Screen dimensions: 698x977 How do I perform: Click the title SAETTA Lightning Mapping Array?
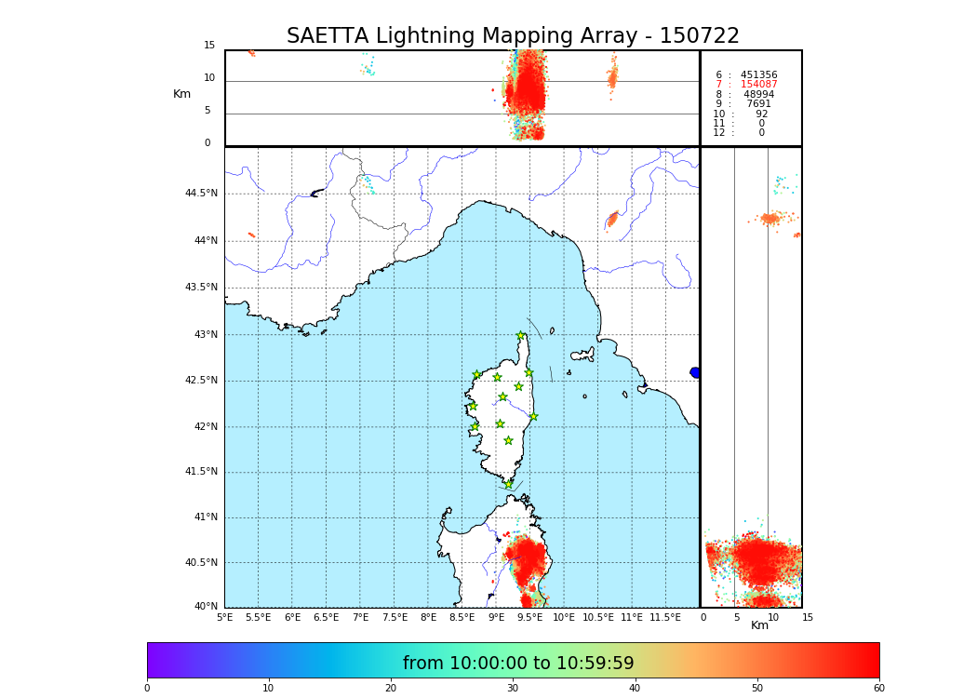coord(513,36)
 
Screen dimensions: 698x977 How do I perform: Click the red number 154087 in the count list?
coord(758,85)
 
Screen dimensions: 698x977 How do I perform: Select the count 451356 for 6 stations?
coord(758,74)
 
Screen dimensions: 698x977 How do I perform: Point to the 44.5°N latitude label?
coord(201,194)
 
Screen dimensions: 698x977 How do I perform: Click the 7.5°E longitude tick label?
coord(395,617)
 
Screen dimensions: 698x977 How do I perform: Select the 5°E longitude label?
coord(225,617)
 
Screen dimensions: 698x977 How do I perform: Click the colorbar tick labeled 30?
coord(513,688)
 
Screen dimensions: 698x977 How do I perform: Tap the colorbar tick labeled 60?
coord(878,688)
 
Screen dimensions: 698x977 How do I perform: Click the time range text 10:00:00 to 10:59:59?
coord(517,664)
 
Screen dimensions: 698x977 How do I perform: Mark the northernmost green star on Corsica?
coord(521,336)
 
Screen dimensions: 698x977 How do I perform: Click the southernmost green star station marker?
coord(508,484)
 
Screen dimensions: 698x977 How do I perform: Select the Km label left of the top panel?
coord(182,94)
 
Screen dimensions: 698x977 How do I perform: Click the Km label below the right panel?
coord(760,625)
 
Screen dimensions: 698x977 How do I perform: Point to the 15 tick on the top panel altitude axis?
coord(209,46)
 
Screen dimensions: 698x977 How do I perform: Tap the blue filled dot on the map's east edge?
coord(694,372)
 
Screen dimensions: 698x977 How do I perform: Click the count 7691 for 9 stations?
coord(758,104)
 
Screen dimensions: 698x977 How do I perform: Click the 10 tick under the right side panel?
coord(773,617)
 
